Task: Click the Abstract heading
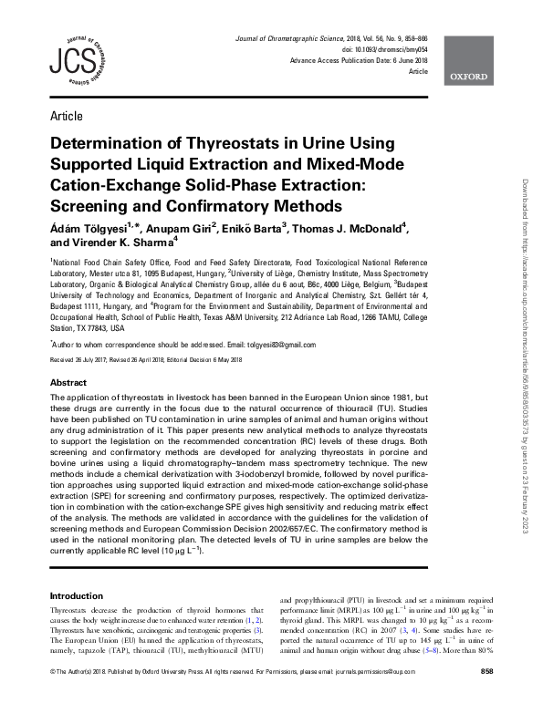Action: pyautogui.click(x=68, y=383)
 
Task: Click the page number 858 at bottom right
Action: pyautogui.click(x=486, y=697)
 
